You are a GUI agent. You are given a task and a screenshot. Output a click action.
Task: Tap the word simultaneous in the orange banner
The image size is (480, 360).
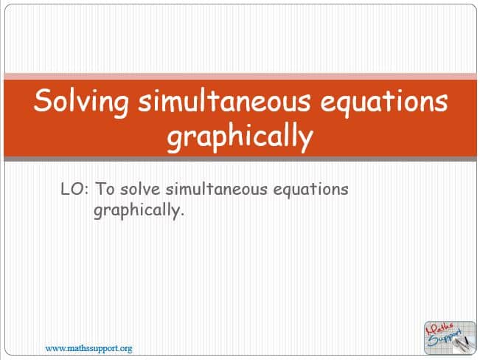coord(224,100)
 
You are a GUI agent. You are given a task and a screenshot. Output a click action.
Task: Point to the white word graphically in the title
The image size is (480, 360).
coord(240,136)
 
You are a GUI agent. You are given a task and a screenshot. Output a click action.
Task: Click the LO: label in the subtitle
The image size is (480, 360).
coord(74,189)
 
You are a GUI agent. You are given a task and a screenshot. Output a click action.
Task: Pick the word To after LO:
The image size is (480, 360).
coord(105,189)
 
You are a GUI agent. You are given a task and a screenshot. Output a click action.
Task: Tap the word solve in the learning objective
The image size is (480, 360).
coord(140,189)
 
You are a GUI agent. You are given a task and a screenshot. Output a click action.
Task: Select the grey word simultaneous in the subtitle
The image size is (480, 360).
coord(217,189)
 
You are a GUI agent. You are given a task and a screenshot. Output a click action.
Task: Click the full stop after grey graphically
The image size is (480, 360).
coord(182,215)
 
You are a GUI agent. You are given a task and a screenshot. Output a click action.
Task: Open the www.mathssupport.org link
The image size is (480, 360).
coord(88,349)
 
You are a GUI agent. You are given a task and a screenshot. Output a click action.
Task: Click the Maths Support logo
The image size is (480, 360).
coord(450,338)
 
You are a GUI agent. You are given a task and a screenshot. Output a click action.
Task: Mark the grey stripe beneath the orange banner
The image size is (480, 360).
coord(240,159)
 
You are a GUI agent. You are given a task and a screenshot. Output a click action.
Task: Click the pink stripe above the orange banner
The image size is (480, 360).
coord(240,76)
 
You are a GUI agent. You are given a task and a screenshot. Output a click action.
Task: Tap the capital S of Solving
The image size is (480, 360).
coord(41,100)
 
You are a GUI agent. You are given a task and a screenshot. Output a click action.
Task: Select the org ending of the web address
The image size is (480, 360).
coord(126,349)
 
